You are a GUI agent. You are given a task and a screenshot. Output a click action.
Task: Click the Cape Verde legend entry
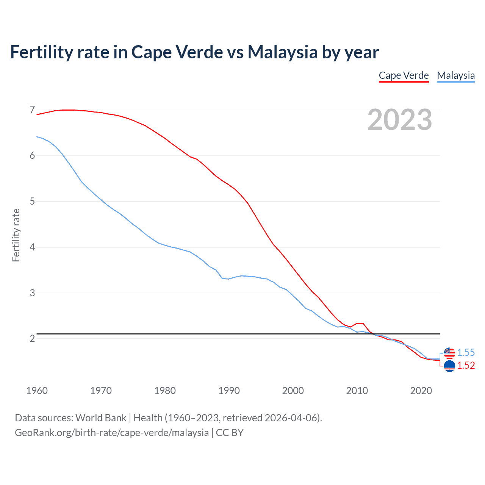point(404,75)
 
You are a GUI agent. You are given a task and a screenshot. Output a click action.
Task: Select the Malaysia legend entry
point(456,75)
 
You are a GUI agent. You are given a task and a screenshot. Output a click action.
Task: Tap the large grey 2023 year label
point(400,120)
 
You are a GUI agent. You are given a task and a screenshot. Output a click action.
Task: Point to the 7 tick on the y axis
point(32,110)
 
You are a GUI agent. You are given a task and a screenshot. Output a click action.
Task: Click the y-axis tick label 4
point(32,247)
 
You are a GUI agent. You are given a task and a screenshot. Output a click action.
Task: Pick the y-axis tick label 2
point(32,338)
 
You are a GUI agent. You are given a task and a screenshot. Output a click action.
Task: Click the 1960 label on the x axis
point(37,391)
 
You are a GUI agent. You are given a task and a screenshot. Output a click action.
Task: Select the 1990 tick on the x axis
point(229,391)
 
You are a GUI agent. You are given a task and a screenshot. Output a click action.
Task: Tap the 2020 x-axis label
point(421,391)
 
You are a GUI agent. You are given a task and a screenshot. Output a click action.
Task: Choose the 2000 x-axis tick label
point(293,391)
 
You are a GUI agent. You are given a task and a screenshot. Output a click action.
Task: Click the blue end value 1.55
point(466,352)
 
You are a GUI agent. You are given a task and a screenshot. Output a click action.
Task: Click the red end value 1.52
point(466,365)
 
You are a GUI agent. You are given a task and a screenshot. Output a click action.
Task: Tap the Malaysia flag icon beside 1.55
point(449,353)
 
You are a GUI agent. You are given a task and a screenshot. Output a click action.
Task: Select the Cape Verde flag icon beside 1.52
point(449,366)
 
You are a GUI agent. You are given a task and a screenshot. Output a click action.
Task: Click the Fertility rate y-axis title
point(16,235)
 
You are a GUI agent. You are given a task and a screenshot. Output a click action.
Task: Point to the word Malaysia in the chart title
point(282,52)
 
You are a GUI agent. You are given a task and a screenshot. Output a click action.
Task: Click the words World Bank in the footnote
point(101,418)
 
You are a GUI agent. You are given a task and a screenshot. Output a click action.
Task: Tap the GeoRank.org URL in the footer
point(112,433)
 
